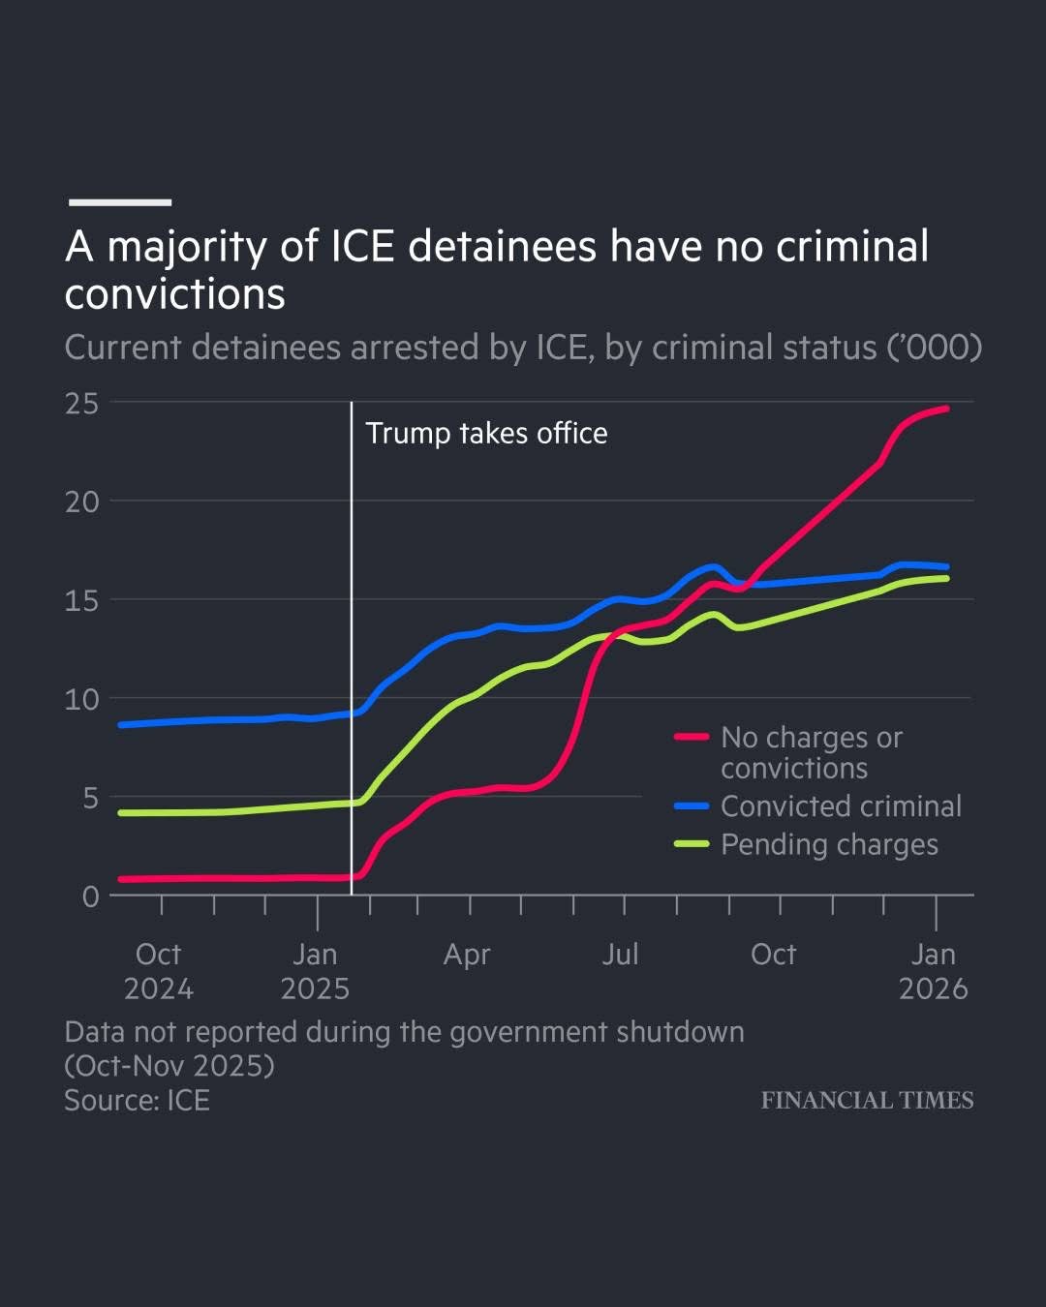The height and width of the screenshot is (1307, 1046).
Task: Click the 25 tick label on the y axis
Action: coord(82,404)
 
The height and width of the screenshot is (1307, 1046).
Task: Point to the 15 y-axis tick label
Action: coord(82,601)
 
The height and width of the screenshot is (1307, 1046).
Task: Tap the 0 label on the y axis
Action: coord(90,897)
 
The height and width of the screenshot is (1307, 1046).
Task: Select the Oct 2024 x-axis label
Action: coord(159,971)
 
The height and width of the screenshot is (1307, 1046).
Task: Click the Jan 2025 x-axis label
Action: coord(315,971)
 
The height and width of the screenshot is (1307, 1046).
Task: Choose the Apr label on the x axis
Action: coord(467,955)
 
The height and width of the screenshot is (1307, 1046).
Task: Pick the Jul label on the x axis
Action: coord(621,955)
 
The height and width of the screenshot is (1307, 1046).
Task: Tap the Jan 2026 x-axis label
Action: coord(933,971)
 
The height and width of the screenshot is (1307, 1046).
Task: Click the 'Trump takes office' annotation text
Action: coord(486,434)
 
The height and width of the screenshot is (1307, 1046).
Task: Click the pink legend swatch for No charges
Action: coord(692,737)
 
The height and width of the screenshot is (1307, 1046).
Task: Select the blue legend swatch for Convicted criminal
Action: coord(692,805)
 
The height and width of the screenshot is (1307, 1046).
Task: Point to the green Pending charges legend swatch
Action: coord(692,844)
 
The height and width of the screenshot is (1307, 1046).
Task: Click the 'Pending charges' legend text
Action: coord(829,845)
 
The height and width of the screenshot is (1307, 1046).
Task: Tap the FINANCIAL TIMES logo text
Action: coord(867,1100)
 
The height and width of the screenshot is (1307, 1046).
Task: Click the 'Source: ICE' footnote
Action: coord(137,1101)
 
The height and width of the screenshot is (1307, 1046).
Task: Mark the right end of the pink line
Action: coord(946,409)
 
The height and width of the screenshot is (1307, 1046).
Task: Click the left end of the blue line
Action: coord(120,724)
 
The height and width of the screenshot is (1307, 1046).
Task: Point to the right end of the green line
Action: coord(946,578)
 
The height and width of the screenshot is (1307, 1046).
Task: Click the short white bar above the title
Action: coord(120,202)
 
